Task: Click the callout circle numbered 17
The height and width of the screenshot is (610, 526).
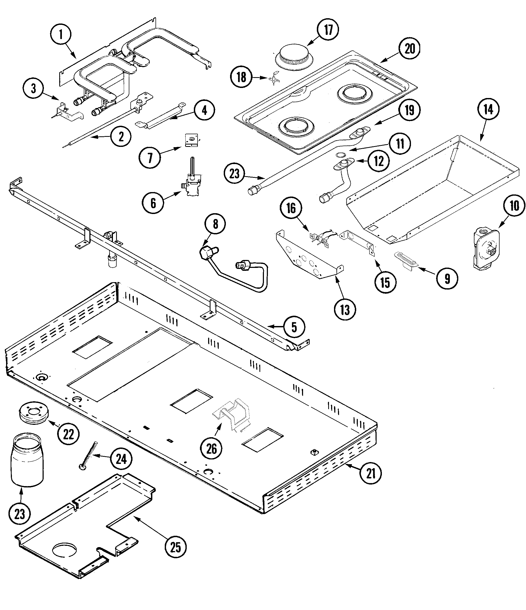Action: point(328,30)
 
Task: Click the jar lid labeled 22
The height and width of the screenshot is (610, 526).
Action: point(33,413)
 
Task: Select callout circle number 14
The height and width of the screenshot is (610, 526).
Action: point(488,110)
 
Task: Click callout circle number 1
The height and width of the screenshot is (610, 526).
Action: point(61,34)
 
